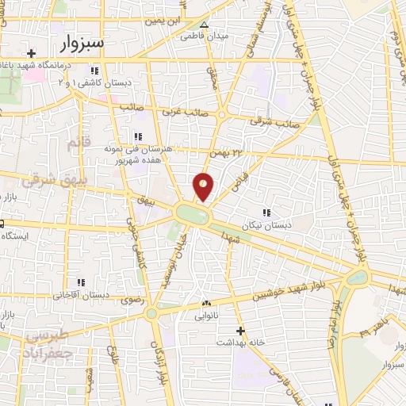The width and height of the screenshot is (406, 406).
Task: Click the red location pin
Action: [x=204, y=186]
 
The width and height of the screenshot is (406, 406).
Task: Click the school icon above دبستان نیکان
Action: [x=266, y=213]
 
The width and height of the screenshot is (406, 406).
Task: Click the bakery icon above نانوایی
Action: [x=206, y=303]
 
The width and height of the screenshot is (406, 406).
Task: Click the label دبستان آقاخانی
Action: [x=80, y=294]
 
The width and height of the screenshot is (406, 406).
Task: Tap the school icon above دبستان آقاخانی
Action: [x=80, y=282]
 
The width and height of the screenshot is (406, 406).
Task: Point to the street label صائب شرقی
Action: [x=266, y=121]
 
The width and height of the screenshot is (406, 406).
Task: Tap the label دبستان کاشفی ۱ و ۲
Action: [x=94, y=82]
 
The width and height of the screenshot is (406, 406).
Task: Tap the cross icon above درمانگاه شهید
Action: [x=31, y=54]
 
